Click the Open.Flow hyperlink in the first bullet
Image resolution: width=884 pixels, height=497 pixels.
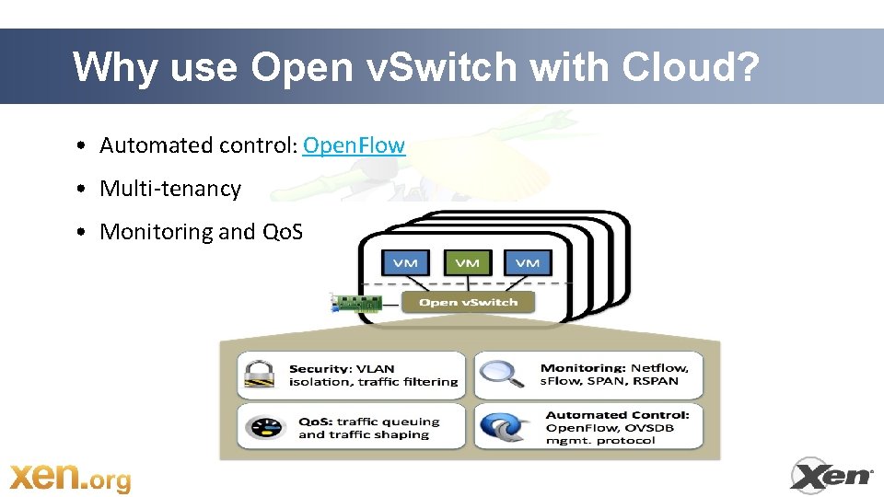pyautogui.click(x=354, y=145)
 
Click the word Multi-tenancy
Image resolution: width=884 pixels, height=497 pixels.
pyautogui.click(x=170, y=189)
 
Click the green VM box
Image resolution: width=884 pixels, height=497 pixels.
pyautogui.click(x=467, y=262)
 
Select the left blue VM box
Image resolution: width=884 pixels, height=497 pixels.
pyautogui.click(x=404, y=262)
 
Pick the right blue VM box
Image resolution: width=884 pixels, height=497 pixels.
pyautogui.click(x=528, y=262)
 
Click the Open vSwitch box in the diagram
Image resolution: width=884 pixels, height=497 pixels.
pyautogui.click(x=468, y=302)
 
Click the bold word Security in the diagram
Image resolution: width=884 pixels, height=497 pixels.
pyautogui.click(x=319, y=368)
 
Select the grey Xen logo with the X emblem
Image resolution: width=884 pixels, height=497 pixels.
pyautogui.click(x=832, y=475)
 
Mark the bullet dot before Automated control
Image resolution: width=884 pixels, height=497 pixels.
pyautogui.click(x=82, y=146)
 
